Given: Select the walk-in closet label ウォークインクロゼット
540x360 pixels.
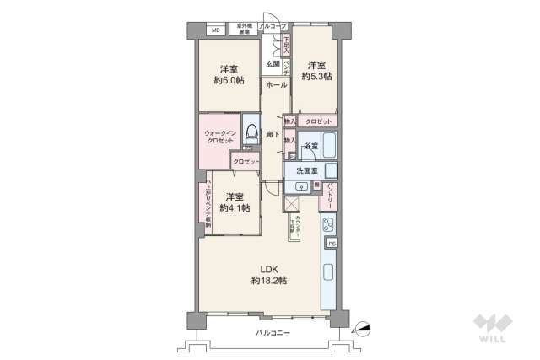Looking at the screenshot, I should (219, 137).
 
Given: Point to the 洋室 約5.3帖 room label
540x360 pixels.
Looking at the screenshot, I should (318, 70).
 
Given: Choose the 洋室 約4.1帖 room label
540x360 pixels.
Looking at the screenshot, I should (230, 202).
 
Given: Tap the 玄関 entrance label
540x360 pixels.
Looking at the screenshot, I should (273, 64).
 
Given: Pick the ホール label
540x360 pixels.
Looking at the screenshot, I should (275, 86).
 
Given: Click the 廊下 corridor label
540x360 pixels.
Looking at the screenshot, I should (273, 134).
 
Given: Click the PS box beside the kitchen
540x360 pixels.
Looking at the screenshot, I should (332, 244).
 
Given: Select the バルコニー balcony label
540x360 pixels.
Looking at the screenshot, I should (273, 334).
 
